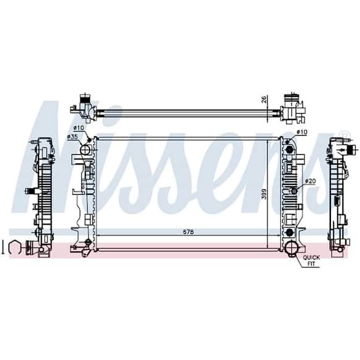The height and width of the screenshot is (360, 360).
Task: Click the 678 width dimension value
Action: point(188,232)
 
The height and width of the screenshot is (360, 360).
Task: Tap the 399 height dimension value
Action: point(264,194)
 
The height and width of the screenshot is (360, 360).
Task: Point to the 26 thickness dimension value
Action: point(264,99)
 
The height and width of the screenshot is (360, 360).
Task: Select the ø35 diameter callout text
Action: point(72,137)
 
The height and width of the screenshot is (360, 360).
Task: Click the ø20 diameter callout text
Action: point(311,181)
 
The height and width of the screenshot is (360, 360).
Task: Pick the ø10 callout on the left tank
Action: point(79,127)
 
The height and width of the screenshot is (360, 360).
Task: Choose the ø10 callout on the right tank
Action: point(302,132)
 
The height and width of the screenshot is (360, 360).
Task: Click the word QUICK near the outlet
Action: point(311,257)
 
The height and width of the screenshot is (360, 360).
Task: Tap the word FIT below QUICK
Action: point(311,264)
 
